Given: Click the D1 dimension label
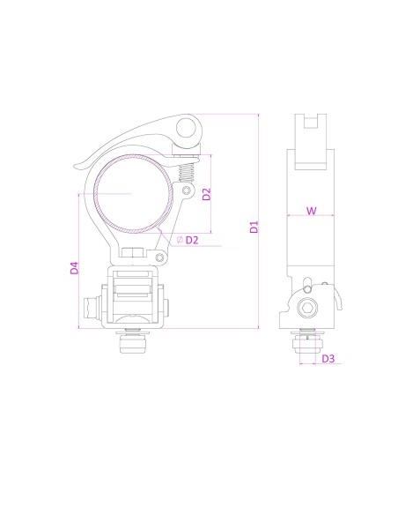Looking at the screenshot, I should tap(254, 226).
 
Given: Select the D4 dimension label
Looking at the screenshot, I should tap(75, 266).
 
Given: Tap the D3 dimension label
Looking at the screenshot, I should tap(328, 358).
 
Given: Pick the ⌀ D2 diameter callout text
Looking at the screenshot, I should tap(188, 239).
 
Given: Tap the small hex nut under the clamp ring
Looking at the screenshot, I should tap(131, 254).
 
